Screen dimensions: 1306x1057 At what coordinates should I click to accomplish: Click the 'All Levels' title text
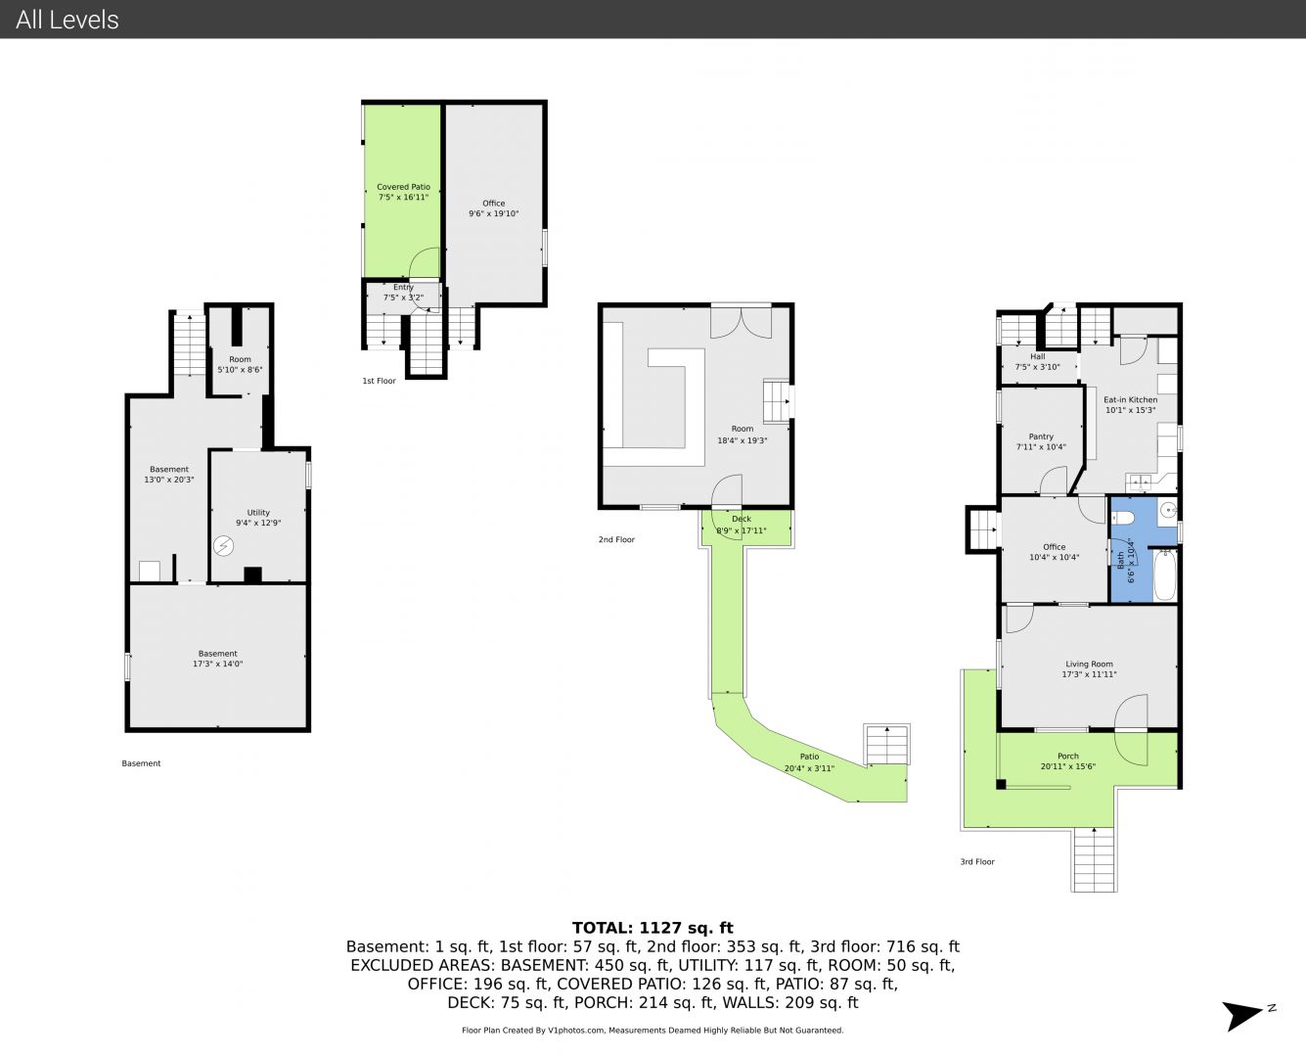click(67, 20)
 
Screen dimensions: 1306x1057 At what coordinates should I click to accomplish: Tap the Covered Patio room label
click(403, 192)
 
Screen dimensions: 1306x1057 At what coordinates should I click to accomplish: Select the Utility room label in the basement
click(258, 517)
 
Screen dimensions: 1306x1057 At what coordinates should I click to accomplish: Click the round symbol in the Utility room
click(223, 545)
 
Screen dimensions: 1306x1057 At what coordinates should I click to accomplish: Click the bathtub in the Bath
click(1164, 574)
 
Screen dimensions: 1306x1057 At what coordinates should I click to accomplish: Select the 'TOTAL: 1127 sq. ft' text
click(653, 928)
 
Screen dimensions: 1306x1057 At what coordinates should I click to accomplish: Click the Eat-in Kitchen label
click(1130, 405)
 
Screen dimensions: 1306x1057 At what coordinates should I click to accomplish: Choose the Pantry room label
click(1041, 441)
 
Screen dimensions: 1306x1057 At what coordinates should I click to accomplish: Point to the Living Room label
click(1089, 668)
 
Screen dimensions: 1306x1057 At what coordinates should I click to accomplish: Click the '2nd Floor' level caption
click(616, 539)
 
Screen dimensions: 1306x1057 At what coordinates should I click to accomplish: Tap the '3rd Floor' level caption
click(977, 861)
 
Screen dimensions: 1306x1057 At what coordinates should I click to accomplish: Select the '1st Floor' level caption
click(379, 381)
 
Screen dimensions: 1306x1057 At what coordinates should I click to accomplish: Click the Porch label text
click(1067, 761)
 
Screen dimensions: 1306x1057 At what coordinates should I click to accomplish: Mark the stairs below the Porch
click(1094, 859)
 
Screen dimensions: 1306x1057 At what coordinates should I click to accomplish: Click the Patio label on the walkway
click(809, 762)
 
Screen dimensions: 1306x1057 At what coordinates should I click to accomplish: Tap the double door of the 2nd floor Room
click(741, 322)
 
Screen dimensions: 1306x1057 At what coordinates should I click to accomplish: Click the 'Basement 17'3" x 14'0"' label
click(217, 659)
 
